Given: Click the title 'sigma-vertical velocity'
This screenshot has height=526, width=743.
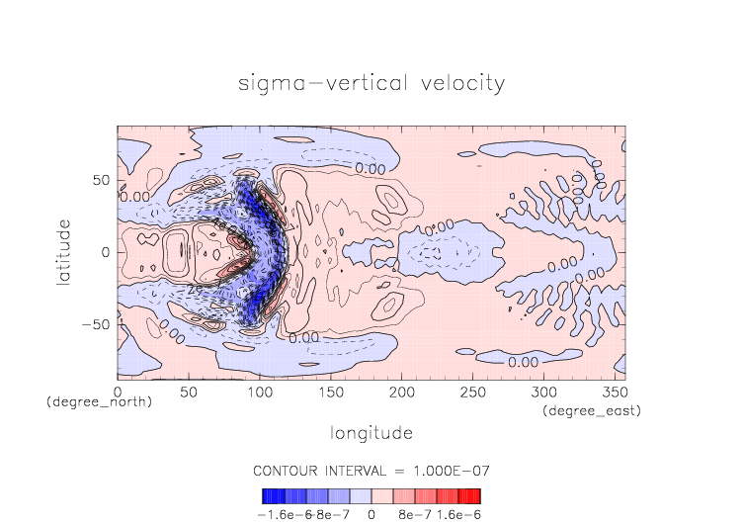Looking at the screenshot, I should coord(371,82).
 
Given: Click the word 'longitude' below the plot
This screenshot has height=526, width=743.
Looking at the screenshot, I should coord(371,432).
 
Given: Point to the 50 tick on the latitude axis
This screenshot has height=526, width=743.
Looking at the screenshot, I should coord(101,181).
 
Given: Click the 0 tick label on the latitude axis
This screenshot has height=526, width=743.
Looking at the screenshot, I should coord(107,253).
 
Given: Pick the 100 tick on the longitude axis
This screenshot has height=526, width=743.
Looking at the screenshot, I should coord(259,393).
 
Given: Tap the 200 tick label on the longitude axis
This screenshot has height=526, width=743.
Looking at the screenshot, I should coord(400,393).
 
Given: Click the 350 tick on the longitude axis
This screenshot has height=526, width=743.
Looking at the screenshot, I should coord(612,393).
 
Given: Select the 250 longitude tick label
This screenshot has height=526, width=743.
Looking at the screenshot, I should coord(470,393).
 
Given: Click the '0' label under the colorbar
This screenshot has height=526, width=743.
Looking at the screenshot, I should coord(371,514).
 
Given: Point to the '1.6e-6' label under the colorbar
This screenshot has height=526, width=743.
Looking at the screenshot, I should coord(457,514).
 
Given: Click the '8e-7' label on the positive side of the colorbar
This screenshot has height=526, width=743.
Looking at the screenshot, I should coord(415,514).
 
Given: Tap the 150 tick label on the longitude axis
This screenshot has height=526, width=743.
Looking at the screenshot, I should coord(329,393).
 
